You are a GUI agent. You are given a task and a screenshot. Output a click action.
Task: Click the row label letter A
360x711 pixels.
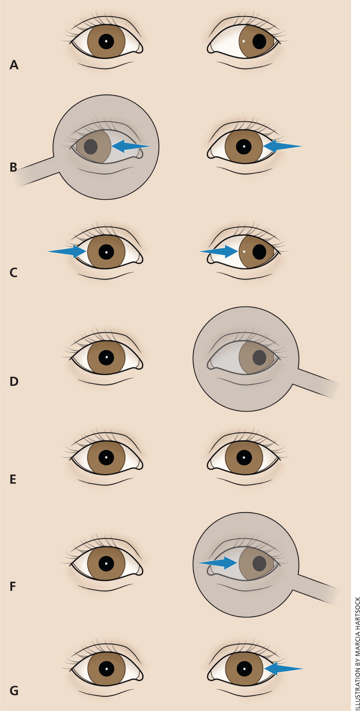click(14, 65)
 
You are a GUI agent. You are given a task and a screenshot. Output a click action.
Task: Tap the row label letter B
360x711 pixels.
click(13, 167)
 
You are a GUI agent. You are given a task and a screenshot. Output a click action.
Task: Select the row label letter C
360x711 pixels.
click(13, 272)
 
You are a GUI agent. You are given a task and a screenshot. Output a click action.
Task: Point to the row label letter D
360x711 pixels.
click(14, 381)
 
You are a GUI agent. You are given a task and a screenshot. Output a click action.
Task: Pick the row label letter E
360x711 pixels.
click(13, 479)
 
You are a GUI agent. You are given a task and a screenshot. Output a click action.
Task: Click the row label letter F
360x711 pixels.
click(13, 586)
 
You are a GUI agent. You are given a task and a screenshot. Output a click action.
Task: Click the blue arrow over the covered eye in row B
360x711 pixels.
click(131, 146)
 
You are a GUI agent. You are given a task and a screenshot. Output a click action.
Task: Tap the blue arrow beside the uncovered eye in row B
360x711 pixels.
click(282, 146)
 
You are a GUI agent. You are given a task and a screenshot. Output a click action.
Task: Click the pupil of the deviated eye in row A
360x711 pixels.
click(259, 41)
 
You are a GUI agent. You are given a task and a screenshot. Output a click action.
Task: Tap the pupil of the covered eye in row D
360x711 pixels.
click(259, 358)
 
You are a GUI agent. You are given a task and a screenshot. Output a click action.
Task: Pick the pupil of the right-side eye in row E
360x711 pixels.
click(244, 458)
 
